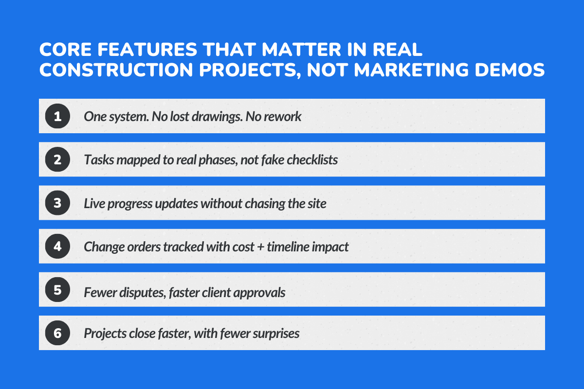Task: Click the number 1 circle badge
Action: pos(57,116)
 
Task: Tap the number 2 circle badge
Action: pos(57,159)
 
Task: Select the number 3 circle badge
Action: pos(57,203)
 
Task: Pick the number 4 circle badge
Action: pos(57,246)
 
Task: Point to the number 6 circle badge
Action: pos(57,333)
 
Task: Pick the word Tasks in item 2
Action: pos(97,160)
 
